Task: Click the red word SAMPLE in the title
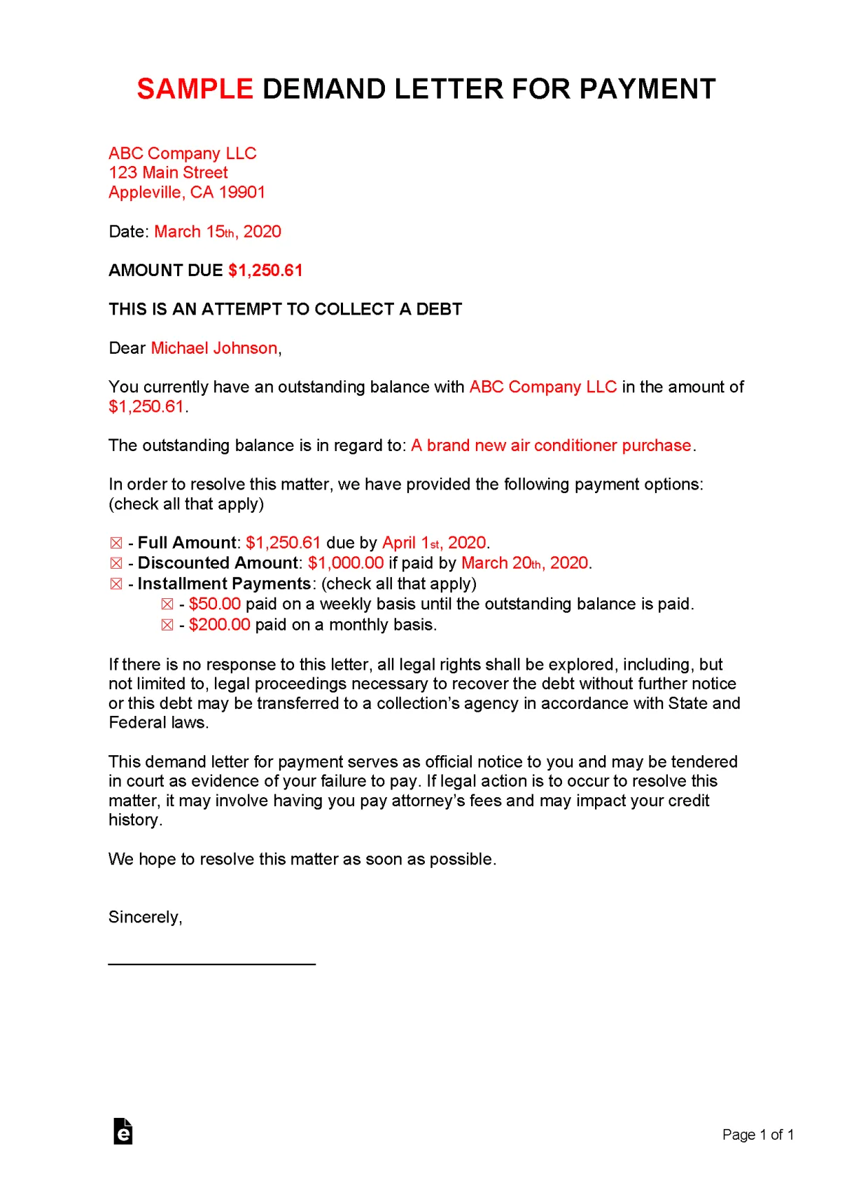tap(195, 89)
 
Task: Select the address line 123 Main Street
tap(168, 172)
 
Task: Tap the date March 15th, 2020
tap(218, 232)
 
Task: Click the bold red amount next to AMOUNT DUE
tap(265, 270)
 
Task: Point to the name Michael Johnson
tap(214, 348)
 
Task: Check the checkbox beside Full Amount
tap(116, 543)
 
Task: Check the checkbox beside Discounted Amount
tap(116, 563)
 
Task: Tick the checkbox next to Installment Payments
tap(116, 584)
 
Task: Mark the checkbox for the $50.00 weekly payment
tap(167, 605)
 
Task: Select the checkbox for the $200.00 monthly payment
tap(167, 625)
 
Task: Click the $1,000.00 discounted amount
tap(346, 563)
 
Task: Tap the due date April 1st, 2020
tap(434, 543)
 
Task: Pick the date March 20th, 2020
tap(524, 563)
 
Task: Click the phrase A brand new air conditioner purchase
tap(551, 445)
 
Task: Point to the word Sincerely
tap(145, 918)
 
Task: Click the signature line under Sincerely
tap(211, 964)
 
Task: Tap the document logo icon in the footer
tap(123, 1131)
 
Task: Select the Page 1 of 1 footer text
tap(758, 1135)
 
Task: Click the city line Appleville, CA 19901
tap(187, 192)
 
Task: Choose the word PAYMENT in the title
tap(647, 89)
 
